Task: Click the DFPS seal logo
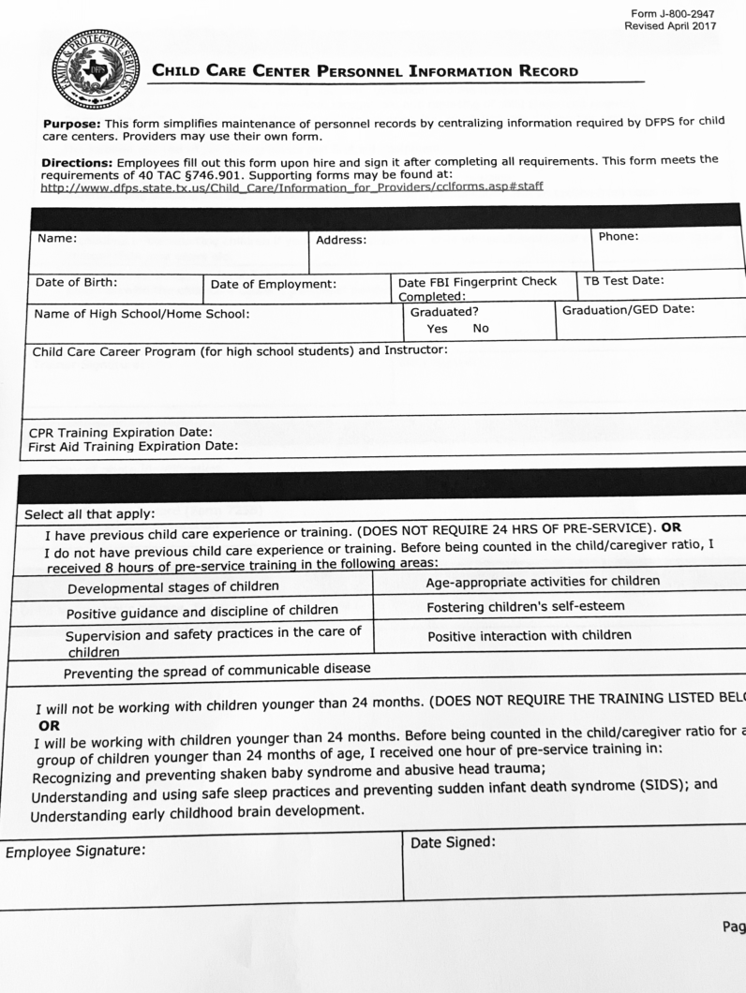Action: click(x=96, y=69)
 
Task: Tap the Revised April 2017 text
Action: click(x=670, y=26)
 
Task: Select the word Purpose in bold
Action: click(x=72, y=124)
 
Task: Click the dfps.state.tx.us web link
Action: click(x=291, y=186)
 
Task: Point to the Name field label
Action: click(x=57, y=238)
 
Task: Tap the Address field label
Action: click(x=341, y=240)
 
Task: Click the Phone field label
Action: click(x=618, y=236)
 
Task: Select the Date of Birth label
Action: click(x=77, y=282)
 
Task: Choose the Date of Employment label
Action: click(x=273, y=284)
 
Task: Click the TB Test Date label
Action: click(x=623, y=280)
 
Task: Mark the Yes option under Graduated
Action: click(x=437, y=328)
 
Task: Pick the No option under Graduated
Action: click(x=481, y=328)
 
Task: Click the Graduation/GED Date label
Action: click(x=628, y=309)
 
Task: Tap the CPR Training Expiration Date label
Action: click(x=121, y=433)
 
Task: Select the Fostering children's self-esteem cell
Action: click(x=525, y=606)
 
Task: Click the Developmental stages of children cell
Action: click(x=172, y=587)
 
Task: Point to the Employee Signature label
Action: click(x=75, y=852)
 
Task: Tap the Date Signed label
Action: click(x=452, y=842)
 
